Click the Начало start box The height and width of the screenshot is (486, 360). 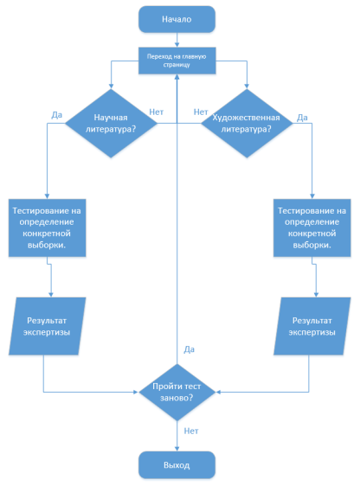pos(177,19)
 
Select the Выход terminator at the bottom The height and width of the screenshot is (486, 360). pos(177,465)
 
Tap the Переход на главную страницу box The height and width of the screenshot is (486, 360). pos(177,61)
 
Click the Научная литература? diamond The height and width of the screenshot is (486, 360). pos(111,124)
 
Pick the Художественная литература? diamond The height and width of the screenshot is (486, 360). pos(247,124)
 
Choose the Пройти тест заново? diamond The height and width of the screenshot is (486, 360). pos(177,392)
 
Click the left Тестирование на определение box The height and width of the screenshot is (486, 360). pos(47,227)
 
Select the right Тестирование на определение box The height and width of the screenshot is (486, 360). pos(312,227)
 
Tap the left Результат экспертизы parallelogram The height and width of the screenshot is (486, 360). pos(47,326)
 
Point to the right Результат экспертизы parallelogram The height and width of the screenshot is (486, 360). pos(312,326)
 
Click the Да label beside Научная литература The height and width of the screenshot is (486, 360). pos(57,115)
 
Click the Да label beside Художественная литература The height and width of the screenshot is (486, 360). pos(302,118)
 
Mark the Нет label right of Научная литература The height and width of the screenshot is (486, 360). pos(157,112)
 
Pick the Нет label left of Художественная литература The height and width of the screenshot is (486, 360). pos(201,112)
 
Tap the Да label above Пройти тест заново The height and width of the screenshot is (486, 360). pos(190,349)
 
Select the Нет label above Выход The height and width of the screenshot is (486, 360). pos(191,431)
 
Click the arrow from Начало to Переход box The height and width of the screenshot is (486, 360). pos(177,40)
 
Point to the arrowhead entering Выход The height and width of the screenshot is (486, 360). pos(177,449)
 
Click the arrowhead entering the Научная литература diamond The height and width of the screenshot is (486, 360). pos(111,86)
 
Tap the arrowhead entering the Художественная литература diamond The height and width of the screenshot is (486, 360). pos(247,86)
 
